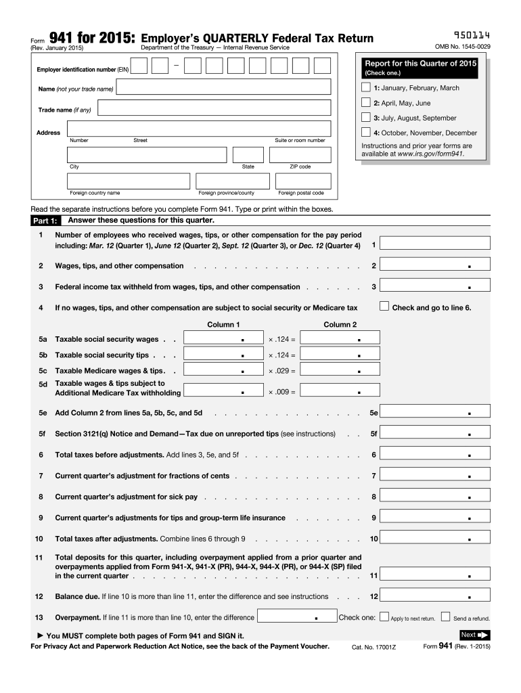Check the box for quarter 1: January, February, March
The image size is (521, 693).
point(366,88)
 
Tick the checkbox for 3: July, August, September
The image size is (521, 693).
point(366,117)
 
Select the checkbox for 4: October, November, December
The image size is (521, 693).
point(366,133)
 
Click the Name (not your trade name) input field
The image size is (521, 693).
point(223,87)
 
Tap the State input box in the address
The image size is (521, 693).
point(248,154)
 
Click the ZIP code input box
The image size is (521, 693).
point(300,154)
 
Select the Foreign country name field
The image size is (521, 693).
point(129,181)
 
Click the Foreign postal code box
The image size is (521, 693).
point(301,181)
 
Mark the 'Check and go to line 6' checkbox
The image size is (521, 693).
point(385,306)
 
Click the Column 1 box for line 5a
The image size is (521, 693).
point(223,338)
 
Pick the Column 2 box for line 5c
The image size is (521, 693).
point(340,370)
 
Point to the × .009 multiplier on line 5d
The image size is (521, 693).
point(281,392)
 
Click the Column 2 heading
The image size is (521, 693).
point(340,325)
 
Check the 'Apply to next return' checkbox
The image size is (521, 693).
point(384,617)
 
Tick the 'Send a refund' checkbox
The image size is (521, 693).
point(445,617)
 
